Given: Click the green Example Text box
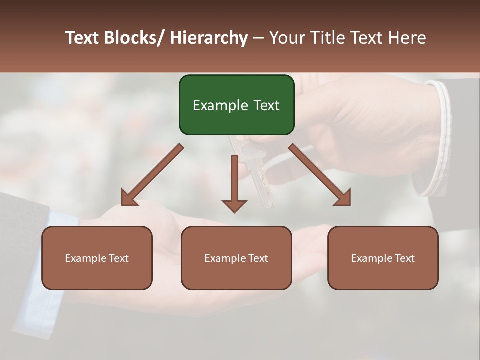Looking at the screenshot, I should [236, 105].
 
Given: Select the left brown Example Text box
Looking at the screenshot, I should [97, 258].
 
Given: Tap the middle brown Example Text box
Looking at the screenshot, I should [236, 258].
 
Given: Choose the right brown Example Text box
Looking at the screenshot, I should [383, 258].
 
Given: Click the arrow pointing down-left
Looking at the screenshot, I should [152, 175].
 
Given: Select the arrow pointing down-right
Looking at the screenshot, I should [320, 175].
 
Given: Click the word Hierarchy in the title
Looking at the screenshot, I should [209, 38].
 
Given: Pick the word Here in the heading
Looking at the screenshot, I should [407, 38].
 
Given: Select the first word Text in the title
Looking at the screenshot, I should [83, 38].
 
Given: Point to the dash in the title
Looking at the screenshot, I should [258, 38].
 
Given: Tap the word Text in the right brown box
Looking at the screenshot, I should [405, 258].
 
